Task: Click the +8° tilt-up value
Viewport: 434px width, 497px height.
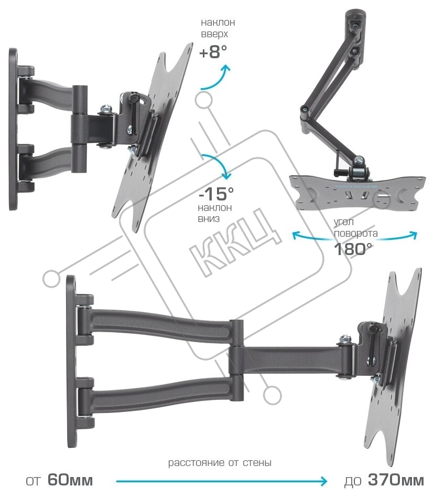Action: pos(213,52)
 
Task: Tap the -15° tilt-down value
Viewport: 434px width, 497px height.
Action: pos(216,193)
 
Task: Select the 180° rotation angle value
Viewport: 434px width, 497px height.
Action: pos(353,249)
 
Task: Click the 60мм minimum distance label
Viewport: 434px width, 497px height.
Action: pos(70,480)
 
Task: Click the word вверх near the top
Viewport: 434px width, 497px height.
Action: pos(214,34)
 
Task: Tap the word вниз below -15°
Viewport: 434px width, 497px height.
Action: pos(209,219)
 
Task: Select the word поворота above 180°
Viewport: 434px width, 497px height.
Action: pos(356,234)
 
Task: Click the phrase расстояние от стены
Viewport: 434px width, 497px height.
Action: pos(220,463)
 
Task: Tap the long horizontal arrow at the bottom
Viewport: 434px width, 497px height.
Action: pos(222,481)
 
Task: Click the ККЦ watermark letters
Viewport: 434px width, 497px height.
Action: pos(236,242)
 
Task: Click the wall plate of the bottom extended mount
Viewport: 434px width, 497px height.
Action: pos(71,362)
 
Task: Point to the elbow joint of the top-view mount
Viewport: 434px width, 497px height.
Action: pos(305,110)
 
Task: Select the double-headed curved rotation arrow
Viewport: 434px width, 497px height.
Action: pos(354,238)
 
